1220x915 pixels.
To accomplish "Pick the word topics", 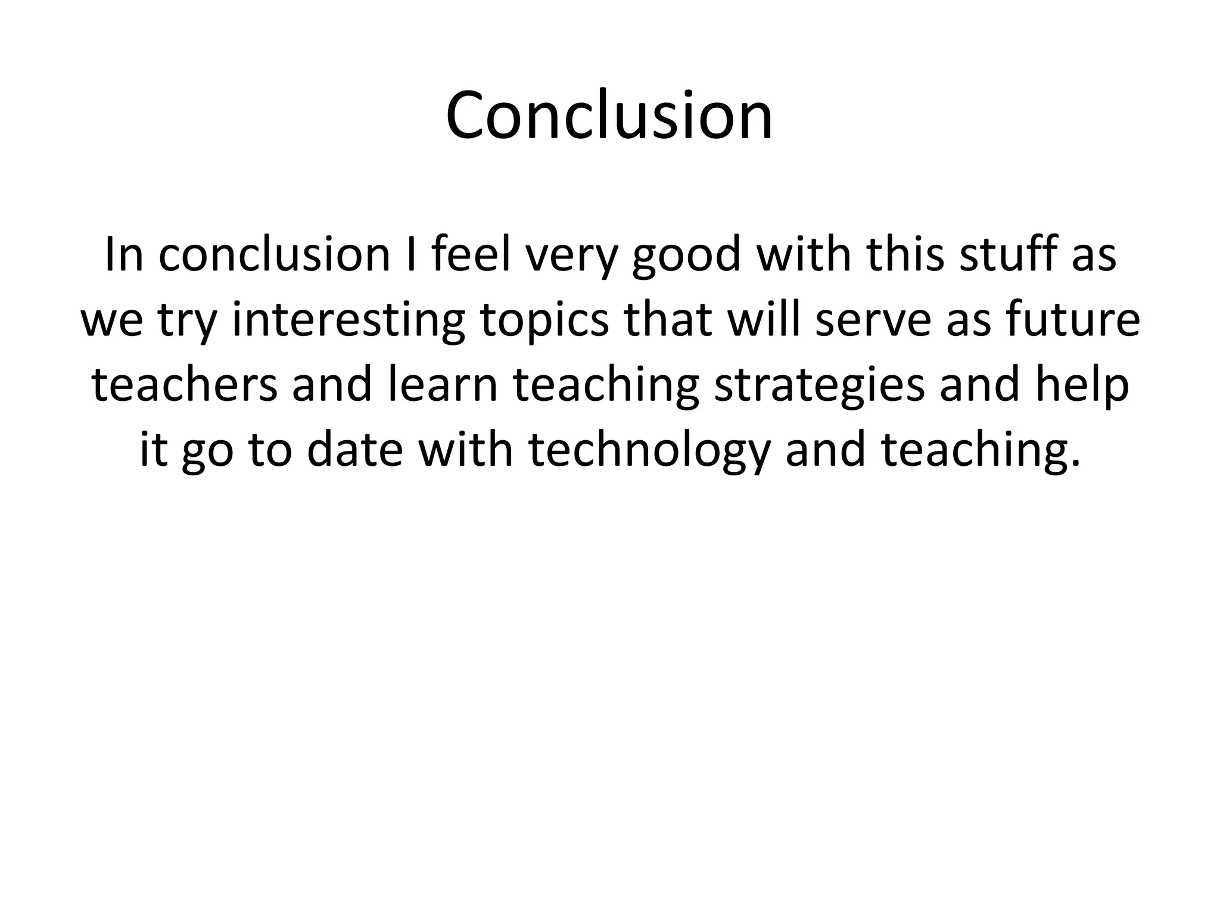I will click(x=544, y=319).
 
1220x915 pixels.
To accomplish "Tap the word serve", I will click(x=864, y=319).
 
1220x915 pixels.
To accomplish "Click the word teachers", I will click(x=185, y=384).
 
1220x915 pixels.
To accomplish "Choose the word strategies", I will click(x=819, y=384).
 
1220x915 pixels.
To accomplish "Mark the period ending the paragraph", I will click(x=1075, y=462).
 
